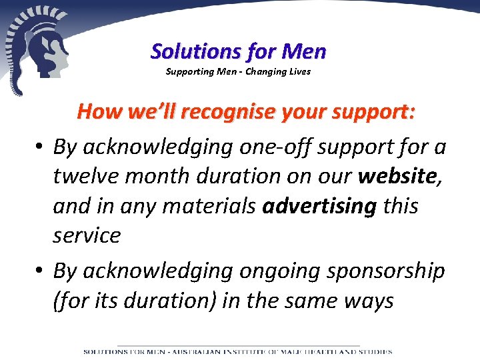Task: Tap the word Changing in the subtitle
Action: (267, 71)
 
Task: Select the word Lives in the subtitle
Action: (299, 71)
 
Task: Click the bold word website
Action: (397, 176)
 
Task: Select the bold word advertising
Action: (319, 206)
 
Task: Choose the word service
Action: (87, 235)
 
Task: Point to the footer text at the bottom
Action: (238, 351)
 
